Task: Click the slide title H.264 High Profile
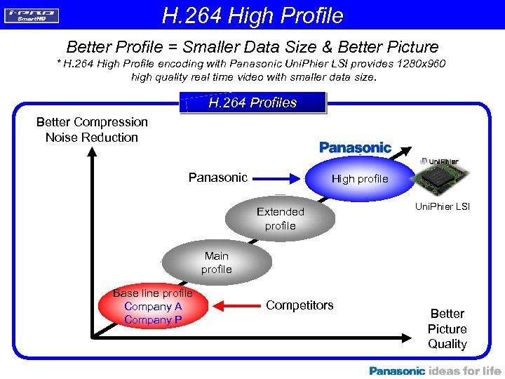[x=252, y=15]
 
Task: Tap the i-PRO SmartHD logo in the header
[x=32, y=15]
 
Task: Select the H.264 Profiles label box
[x=252, y=102]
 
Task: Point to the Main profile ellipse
[x=216, y=262]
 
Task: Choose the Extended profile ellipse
[x=280, y=218]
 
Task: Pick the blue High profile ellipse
[x=359, y=179]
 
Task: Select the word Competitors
[x=299, y=305]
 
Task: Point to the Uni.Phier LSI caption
[x=443, y=206]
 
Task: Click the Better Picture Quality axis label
[x=447, y=328]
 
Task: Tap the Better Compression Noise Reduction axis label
[x=92, y=130]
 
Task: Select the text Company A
[x=153, y=307]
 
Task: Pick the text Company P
[x=153, y=320]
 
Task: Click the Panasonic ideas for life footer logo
[x=435, y=371]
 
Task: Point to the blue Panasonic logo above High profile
[x=355, y=147]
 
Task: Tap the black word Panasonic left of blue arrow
[x=217, y=178]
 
